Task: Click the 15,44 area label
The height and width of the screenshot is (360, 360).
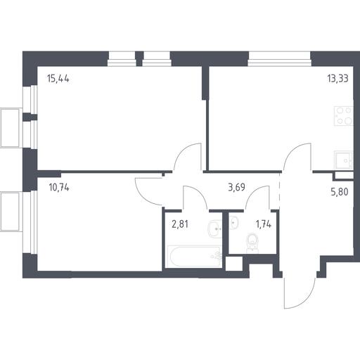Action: click(x=58, y=79)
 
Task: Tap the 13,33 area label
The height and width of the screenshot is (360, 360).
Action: click(x=337, y=79)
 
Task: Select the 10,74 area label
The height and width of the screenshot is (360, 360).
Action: click(x=59, y=188)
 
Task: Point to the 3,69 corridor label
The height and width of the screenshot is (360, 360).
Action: click(x=236, y=187)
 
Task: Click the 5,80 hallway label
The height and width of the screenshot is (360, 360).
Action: click(x=340, y=192)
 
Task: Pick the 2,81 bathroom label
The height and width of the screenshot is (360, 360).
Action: click(x=180, y=224)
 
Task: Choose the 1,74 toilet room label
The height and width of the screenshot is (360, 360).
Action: click(x=264, y=224)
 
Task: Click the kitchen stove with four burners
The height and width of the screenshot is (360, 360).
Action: click(x=344, y=116)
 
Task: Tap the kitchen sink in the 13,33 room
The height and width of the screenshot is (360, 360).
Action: click(x=344, y=160)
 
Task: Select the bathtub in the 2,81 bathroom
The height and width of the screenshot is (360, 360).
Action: click(x=193, y=257)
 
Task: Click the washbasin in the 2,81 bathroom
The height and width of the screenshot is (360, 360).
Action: click(x=214, y=229)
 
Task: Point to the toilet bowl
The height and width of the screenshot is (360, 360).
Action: click(x=252, y=243)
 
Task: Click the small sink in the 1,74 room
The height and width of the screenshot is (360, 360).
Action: click(x=233, y=222)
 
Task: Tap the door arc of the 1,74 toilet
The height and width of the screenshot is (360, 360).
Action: click(x=253, y=191)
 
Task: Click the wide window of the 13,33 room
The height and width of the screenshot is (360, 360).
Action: click(x=279, y=58)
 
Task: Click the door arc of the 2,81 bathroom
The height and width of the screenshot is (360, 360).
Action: click(x=199, y=191)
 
